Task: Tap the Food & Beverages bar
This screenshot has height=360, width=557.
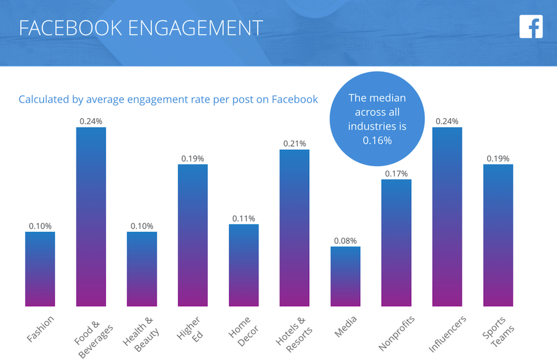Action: [x=91, y=217]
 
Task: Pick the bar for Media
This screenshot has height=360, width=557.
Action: [x=345, y=276]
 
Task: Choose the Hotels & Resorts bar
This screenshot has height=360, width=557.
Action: [x=294, y=228]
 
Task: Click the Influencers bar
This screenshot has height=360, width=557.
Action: [x=447, y=217]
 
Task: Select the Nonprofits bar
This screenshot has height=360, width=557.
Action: [x=396, y=243]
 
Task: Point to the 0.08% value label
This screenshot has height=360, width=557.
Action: [x=345, y=241]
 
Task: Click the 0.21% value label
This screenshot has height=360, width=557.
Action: [x=294, y=143]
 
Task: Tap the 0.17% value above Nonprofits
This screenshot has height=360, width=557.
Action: [x=396, y=173]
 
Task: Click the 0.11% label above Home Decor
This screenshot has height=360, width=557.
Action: [x=243, y=218]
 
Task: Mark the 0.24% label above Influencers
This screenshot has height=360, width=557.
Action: [x=447, y=121]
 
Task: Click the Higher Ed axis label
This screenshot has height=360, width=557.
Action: [x=190, y=329]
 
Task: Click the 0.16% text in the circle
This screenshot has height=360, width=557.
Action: [x=377, y=140]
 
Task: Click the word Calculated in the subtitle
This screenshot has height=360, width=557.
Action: [x=43, y=99]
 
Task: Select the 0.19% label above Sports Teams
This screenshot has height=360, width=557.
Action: [x=498, y=158]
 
